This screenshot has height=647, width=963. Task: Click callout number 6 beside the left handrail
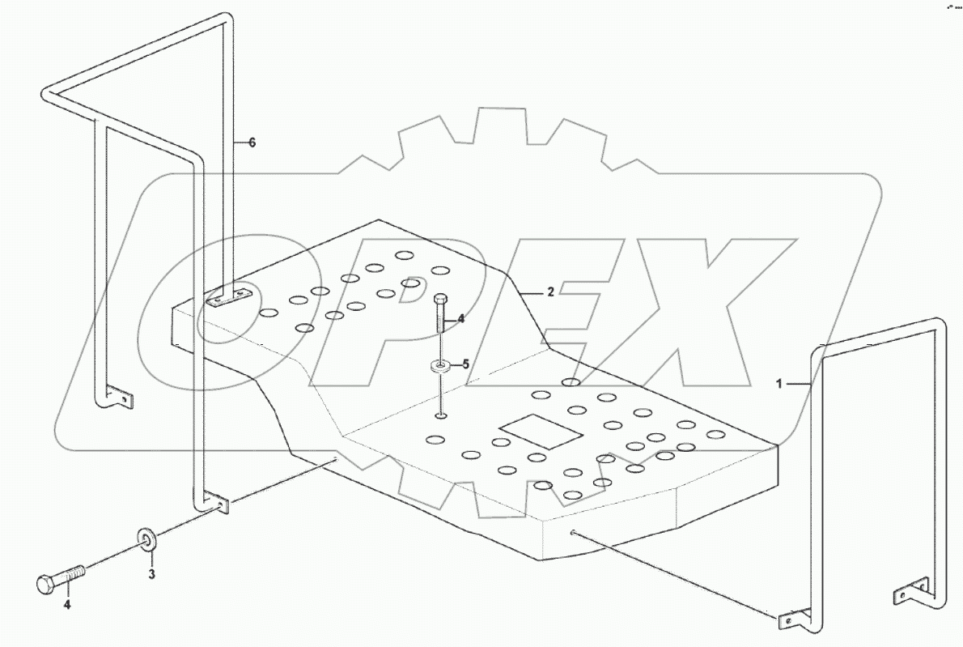(x=252, y=143)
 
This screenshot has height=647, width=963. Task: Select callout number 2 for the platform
(x=550, y=292)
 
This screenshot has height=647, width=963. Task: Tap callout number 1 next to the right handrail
(x=780, y=385)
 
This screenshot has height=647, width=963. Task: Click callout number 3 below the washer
(x=151, y=574)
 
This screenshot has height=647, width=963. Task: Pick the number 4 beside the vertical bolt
(x=460, y=319)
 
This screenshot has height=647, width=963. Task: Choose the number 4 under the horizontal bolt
(x=68, y=604)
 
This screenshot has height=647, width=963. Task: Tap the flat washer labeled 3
(x=147, y=537)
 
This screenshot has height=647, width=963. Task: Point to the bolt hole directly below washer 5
(x=439, y=417)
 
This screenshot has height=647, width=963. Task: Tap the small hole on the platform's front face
(x=572, y=533)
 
